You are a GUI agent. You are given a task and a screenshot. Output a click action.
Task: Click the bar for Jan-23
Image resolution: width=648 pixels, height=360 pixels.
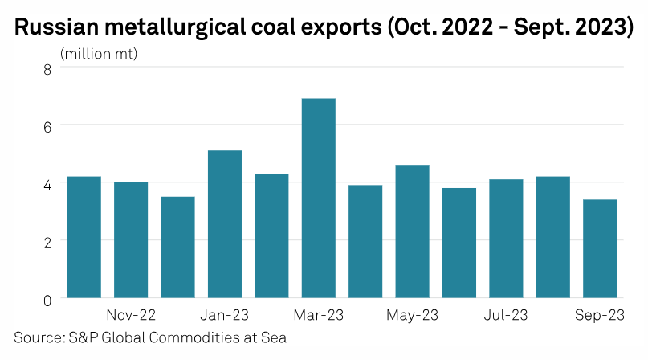pos(224,224)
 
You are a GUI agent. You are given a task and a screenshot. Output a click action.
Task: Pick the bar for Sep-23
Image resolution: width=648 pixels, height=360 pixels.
pos(600,248)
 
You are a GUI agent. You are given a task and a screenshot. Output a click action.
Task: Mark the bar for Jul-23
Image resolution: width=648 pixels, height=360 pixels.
pos(506,239)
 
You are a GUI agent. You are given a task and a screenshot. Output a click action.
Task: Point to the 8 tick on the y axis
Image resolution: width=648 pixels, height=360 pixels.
pos(47,68)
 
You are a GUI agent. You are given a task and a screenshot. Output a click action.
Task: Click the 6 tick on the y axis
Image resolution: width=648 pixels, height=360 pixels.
pos(47,125)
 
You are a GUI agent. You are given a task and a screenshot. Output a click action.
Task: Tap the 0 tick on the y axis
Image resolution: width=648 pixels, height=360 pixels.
pos(47,298)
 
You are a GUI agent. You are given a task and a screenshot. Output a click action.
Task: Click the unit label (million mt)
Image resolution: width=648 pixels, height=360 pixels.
pos(99,54)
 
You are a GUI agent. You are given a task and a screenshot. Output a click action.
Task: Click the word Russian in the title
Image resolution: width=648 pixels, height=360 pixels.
pos(52,27)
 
